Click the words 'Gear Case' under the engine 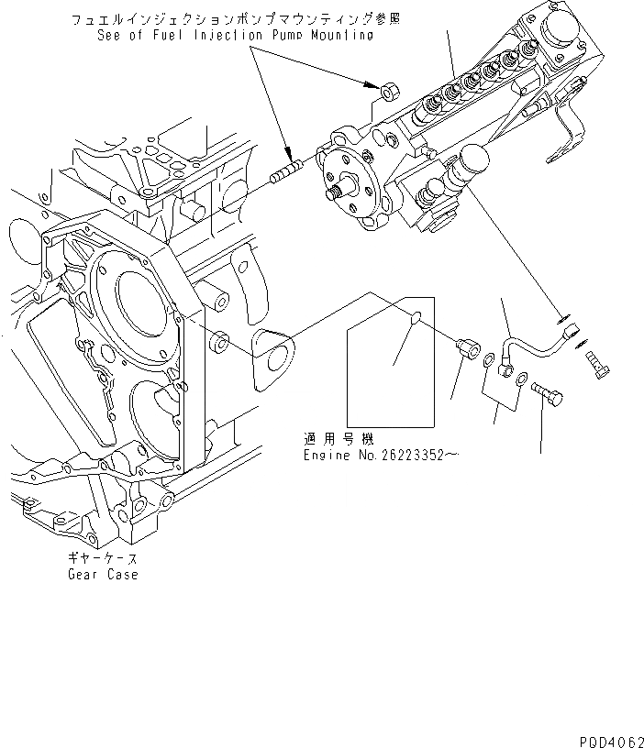(102, 575)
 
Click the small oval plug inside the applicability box (415, 319)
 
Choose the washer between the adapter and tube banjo (484, 367)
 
